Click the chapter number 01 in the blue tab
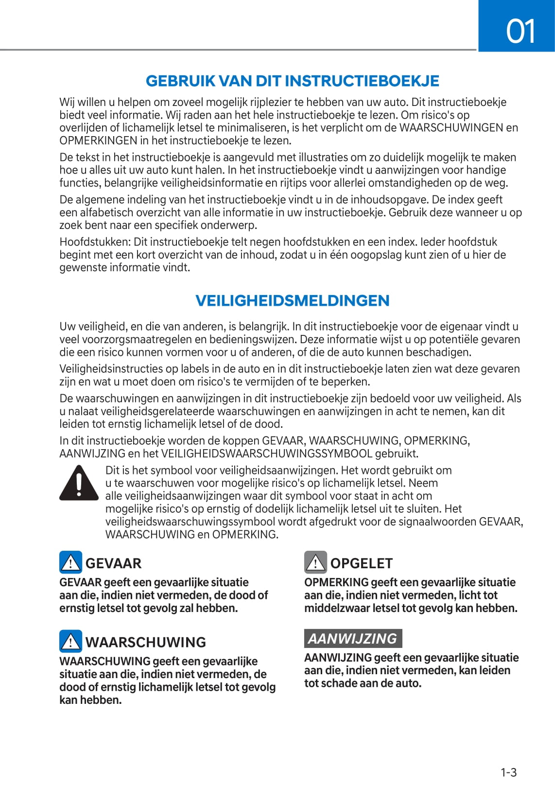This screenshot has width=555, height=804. (520, 31)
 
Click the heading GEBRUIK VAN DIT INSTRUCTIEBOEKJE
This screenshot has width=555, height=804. (292, 81)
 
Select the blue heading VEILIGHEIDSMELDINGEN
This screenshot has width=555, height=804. (292, 300)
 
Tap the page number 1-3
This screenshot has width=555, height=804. (508, 772)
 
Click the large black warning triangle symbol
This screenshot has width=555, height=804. (79, 483)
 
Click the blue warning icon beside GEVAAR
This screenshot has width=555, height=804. (70, 562)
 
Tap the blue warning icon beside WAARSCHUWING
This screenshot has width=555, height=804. (70, 641)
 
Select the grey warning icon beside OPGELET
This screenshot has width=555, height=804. (315, 562)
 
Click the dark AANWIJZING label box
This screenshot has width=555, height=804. (353, 638)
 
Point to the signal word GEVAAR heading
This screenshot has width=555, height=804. (113, 563)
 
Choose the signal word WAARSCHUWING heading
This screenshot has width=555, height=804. (145, 642)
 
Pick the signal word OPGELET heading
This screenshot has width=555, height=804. (361, 563)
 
